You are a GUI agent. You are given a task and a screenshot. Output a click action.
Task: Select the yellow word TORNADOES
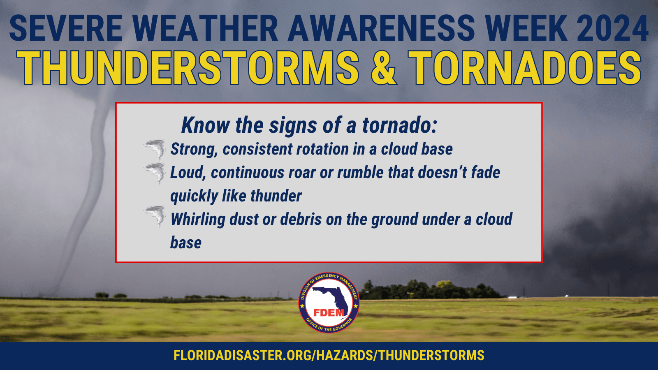point(525,68)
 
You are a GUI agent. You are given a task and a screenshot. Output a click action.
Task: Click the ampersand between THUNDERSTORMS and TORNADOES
point(383,68)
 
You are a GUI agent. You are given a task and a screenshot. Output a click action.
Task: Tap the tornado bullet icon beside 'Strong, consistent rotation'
point(155,149)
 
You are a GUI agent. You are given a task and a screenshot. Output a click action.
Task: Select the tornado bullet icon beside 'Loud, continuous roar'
point(155,172)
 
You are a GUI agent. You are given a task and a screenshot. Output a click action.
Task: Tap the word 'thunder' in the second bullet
point(276,196)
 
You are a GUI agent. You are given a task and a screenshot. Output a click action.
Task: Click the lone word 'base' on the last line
point(186,243)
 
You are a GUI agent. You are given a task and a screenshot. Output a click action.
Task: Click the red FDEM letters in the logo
point(329,313)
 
